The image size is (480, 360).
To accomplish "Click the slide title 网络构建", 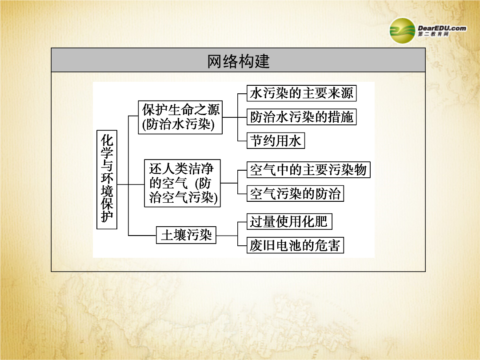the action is coord(239,61).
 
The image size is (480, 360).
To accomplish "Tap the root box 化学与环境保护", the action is coord(107,180).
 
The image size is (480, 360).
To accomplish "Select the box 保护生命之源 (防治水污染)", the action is coord(180,117).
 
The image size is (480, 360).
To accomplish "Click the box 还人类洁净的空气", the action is coord(183,183).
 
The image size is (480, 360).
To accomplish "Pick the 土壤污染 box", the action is coord(186,235).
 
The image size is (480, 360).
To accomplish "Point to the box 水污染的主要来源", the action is coord(301,93).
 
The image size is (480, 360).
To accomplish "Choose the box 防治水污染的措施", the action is coord(301,117).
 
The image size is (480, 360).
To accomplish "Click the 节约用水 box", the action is coord(276,140).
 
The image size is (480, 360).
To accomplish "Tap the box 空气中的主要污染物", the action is coord(308,170).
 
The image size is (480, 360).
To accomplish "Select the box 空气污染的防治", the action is coord(296,193).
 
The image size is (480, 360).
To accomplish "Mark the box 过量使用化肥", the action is coord(289,222).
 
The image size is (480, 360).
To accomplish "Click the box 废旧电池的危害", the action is coord(296,245).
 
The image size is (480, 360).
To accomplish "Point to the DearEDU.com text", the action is coord(442,28).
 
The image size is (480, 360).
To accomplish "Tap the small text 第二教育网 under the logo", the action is coord(433,34).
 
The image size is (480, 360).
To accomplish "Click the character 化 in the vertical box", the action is coord(107,140).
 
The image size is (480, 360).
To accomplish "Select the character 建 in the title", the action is coord(262,61).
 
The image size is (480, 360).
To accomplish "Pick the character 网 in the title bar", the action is coord(215,61).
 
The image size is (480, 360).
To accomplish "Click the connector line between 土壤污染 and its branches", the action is coord(227,236).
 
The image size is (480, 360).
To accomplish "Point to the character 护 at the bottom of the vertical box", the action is coord(107,217).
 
